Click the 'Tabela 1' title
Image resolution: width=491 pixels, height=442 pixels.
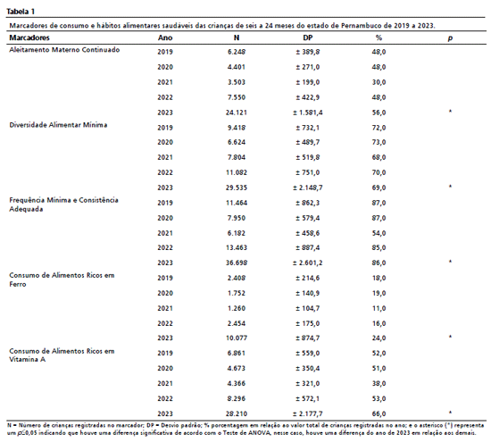[21, 12]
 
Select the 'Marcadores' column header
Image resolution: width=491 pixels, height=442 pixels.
[29, 38]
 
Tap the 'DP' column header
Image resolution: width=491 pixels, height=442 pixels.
[307, 38]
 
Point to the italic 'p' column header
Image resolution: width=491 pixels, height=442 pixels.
[450, 38]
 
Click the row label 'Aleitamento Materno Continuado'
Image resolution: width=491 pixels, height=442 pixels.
[64, 50]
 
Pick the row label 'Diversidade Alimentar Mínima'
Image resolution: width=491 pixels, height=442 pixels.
[58, 125]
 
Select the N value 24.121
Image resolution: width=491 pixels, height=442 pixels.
[237, 113]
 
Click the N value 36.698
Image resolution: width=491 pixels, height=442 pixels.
[237, 263]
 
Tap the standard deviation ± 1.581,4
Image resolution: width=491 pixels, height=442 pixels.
[307, 113]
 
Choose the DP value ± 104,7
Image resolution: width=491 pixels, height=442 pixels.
[307, 308]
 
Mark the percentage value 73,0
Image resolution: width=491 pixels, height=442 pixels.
[379, 142]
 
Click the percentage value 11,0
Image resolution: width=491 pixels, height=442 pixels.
[379, 308]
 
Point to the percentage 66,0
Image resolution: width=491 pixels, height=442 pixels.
[379, 413]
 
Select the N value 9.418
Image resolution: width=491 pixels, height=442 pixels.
[237, 128]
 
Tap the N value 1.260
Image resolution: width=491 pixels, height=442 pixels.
[237, 308]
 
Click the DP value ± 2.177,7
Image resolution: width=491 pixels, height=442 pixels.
[307, 413]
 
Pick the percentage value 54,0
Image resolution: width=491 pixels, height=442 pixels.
[379, 233]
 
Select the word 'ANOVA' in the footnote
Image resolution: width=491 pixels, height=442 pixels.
[258, 433]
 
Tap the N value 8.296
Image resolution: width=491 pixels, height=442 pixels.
[237, 398]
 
